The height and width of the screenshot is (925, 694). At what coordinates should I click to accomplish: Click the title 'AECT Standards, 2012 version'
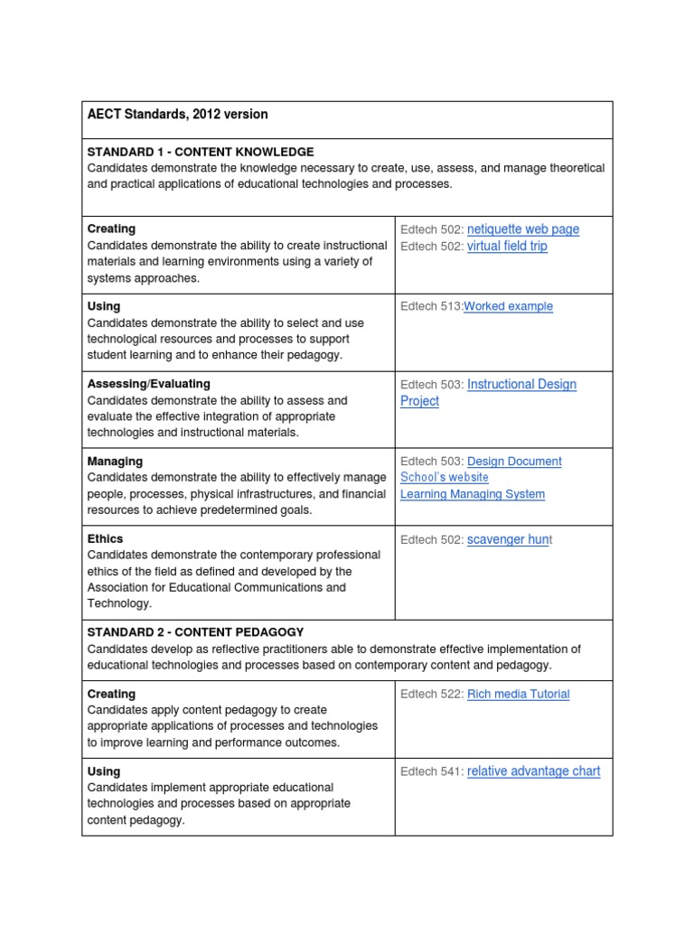177,115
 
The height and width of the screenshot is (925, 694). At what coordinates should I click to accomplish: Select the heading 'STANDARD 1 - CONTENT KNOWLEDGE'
201,152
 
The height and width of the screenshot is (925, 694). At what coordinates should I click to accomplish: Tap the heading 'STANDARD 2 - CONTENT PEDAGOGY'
195,632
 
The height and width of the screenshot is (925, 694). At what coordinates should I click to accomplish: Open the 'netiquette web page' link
523,229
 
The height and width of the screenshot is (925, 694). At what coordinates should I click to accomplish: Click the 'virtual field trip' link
507,246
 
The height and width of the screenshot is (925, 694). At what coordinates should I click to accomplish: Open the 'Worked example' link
508,306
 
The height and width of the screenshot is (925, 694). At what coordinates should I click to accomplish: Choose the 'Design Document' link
514,462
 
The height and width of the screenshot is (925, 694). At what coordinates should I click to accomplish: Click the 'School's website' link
445,477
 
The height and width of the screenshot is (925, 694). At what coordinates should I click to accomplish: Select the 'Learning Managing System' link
473,494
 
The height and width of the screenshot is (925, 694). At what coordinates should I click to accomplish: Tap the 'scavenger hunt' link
509,539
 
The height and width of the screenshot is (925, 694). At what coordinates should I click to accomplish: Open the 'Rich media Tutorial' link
518,694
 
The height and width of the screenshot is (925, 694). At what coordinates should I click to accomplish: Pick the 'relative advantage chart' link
533,771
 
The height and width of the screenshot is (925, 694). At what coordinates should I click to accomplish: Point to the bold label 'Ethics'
106,539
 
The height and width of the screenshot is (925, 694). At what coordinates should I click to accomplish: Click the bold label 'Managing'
115,462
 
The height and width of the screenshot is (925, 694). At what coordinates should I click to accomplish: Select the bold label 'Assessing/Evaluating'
148,384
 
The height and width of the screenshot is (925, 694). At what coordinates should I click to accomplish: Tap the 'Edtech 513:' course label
431,306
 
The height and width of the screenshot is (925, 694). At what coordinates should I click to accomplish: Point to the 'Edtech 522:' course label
432,694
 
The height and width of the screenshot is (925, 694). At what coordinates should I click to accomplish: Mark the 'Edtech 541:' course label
432,771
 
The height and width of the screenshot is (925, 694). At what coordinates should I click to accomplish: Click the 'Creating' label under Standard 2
111,694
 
